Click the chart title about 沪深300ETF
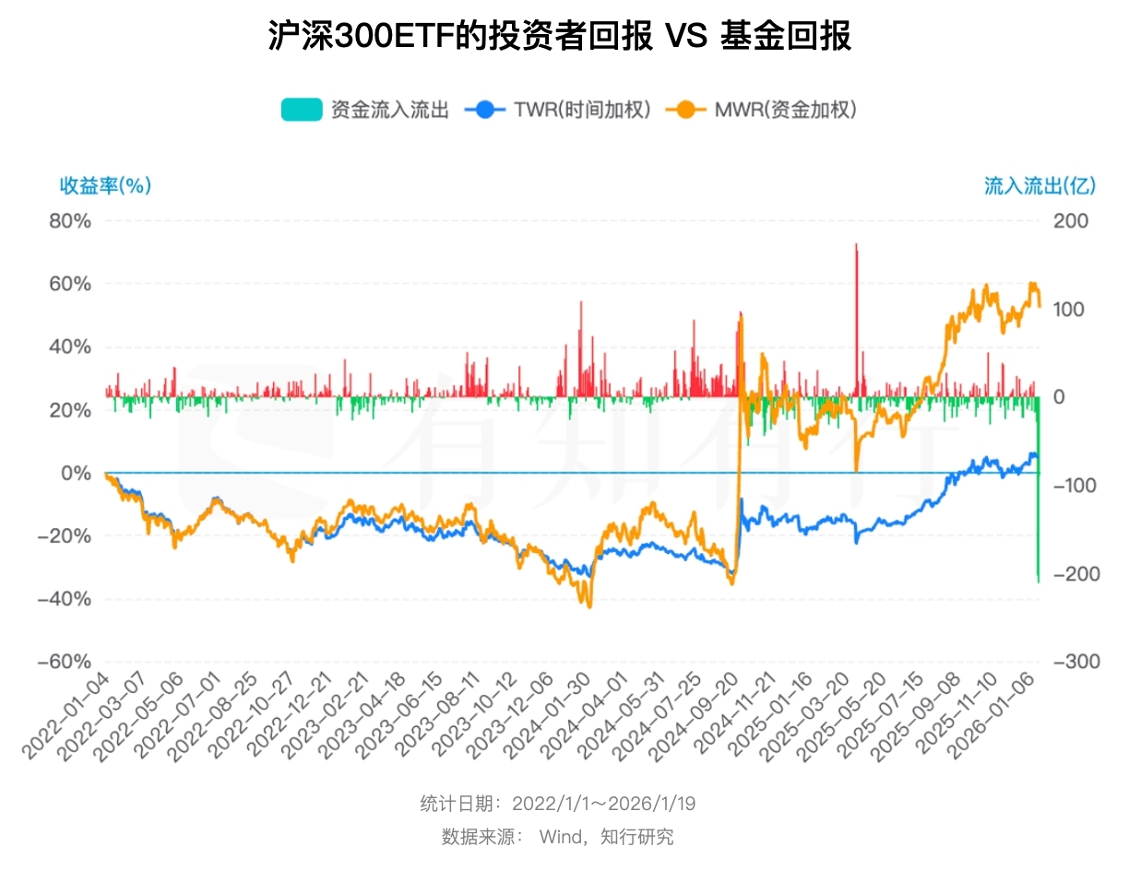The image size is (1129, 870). point(559,37)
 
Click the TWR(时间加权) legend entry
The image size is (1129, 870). point(563,110)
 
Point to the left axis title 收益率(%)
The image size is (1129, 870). point(105,186)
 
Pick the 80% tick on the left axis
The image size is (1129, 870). point(70,221)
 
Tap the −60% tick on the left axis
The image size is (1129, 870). point(65,662)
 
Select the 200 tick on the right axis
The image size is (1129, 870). point(1073,221)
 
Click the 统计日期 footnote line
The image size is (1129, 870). point(558,804)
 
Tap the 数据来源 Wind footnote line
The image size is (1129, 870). point(558,837)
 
